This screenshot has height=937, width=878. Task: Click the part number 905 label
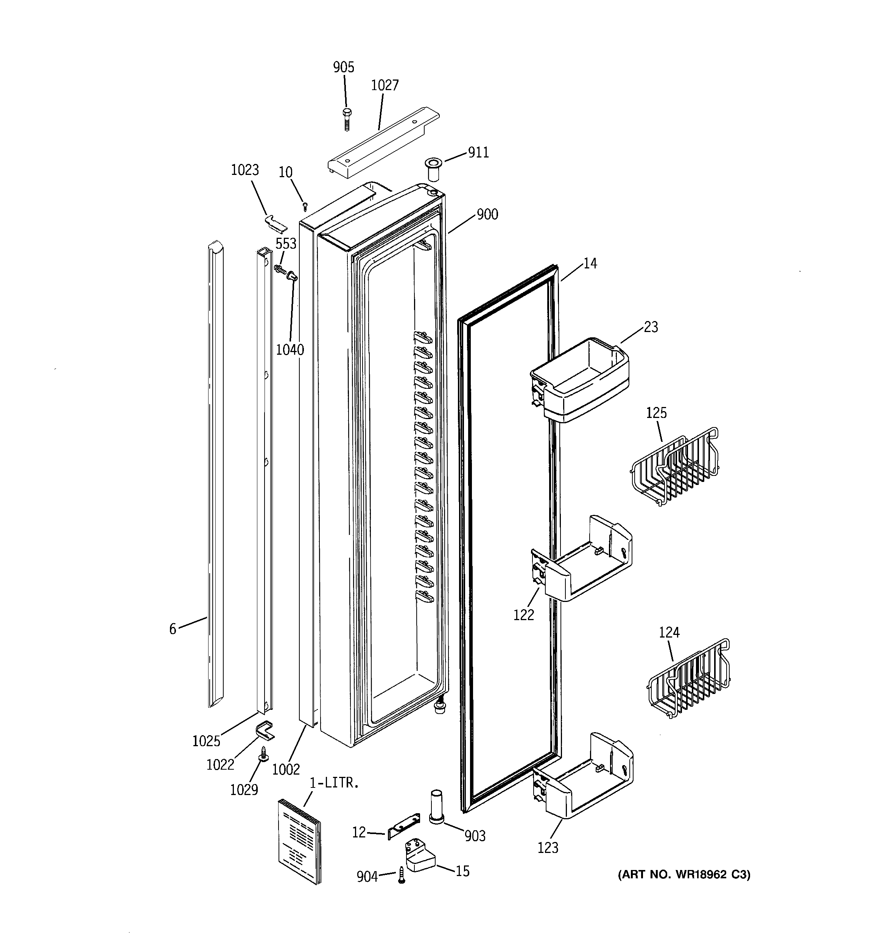(343, 67)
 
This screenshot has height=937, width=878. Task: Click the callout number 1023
(244, 170)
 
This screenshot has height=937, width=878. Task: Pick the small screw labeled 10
(305, 205)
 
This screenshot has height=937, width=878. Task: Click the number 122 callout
(524, 614)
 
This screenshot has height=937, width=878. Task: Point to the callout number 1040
(290, 350)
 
